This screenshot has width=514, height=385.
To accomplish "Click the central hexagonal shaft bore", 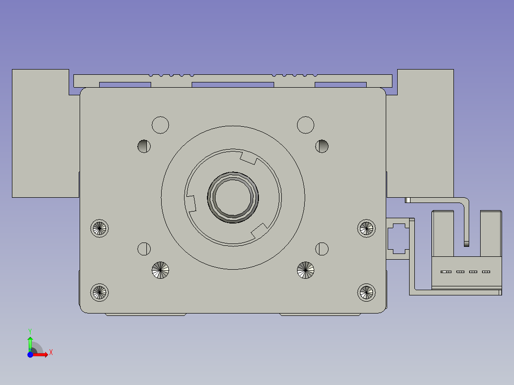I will tap(233, 197).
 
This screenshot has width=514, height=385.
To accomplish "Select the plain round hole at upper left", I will tap(160, 125).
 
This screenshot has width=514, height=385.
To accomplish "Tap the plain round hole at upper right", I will tap(306, 125).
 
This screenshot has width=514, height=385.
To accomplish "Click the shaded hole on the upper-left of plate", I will tap(144, 146).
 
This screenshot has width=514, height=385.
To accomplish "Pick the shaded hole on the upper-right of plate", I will tap(322, 146).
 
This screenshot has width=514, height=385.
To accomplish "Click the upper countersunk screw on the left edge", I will tap(100, 228).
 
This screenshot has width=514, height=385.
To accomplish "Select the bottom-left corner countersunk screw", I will tap(100, 292).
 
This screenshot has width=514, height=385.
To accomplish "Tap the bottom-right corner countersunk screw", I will tap(366, 292).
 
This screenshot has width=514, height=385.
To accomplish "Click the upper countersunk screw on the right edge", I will tap(366, 228).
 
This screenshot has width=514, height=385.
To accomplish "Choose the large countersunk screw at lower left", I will tap(160, 270).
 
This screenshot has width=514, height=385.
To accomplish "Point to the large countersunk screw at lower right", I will tap(306, 270).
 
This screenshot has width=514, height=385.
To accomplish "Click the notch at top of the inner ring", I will tap(248, 158).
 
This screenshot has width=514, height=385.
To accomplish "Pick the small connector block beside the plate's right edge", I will tap(398, 238).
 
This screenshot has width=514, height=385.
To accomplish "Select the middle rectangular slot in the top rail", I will tap(232, 85).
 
